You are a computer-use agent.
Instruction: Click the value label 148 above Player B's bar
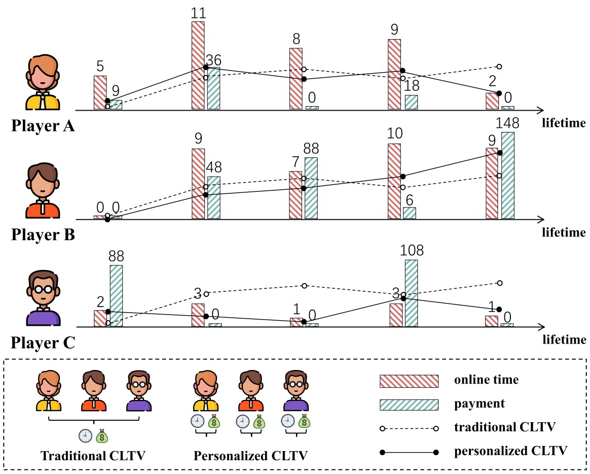[508, 123]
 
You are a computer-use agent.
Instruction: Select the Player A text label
[43, 124]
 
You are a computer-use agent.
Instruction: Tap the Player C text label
[43, 343]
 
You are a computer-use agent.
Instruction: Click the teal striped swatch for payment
[408, 404]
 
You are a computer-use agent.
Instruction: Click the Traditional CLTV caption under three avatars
[93, 455]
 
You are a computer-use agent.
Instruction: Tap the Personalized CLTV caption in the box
[251, 455]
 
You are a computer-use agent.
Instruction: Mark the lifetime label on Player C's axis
[564, 339]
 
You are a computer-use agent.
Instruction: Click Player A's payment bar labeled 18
[411, 102]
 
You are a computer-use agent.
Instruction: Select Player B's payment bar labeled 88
[311, 188]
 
